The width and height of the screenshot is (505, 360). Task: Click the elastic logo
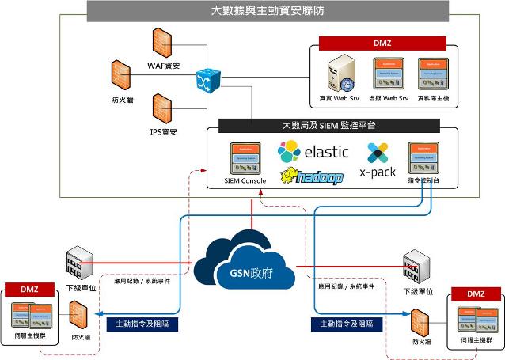point(313,151)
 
